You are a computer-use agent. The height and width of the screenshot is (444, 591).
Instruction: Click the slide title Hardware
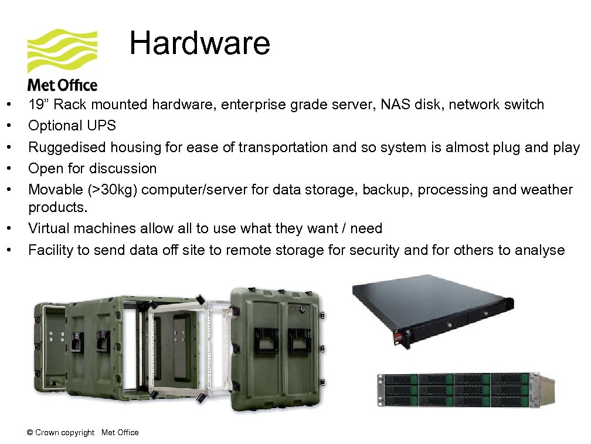[199, 43]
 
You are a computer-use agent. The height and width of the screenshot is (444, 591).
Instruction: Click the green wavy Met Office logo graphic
[62, 51]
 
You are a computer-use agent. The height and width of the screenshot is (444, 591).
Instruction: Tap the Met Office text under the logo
[62, 86]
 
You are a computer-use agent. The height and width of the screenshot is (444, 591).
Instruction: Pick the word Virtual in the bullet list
[47, 228]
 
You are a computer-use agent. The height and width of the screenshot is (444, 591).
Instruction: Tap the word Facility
[50, 250]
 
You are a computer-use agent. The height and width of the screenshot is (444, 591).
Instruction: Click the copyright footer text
[83, 433]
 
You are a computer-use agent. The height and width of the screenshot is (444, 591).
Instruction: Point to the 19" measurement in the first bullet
[39, 105]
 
